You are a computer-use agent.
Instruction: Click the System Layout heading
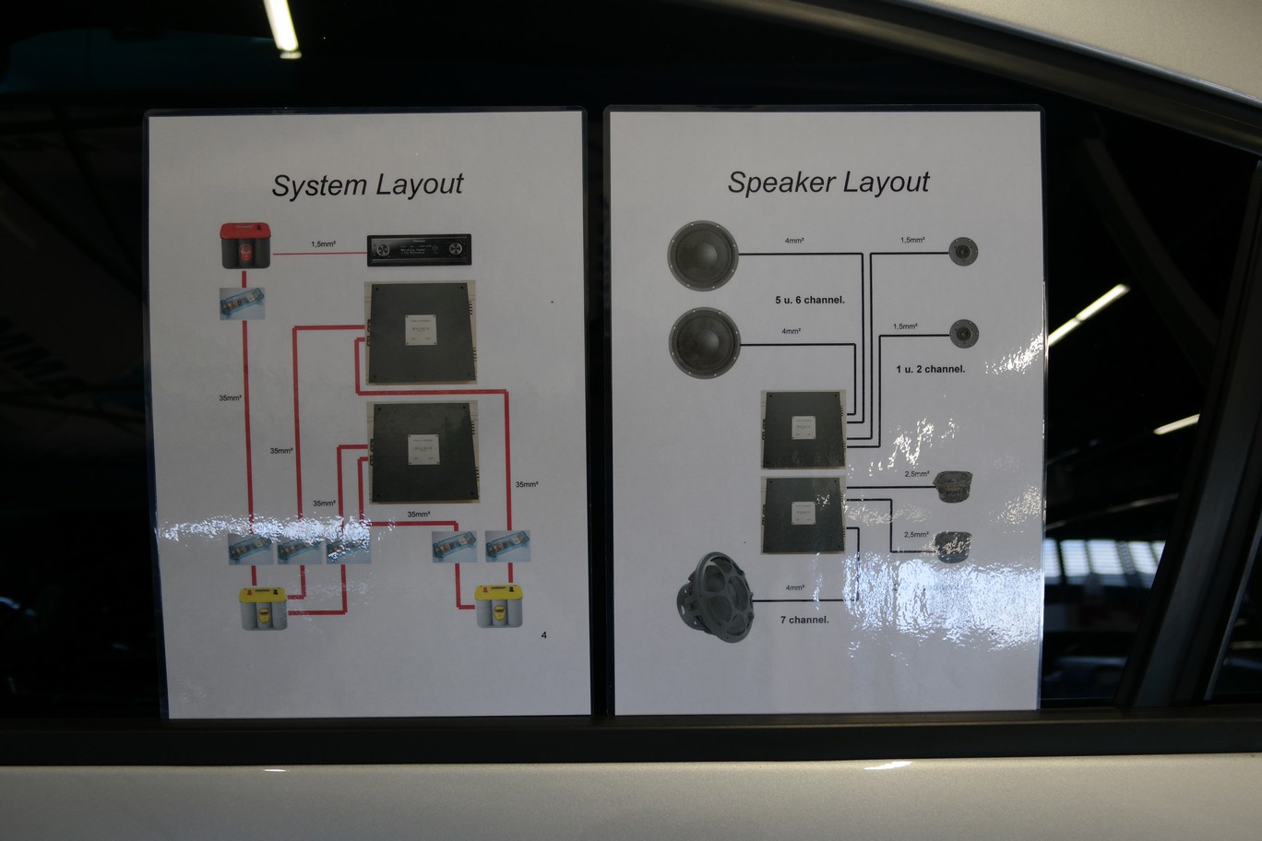click(367, 184)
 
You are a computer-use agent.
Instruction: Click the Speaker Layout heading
click(827, 183)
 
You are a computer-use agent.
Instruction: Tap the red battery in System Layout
click(245, 245)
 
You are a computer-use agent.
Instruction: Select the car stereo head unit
click(420, 250)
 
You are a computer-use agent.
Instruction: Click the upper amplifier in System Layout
click(421, 332)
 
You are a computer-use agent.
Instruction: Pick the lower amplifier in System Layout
click(423, 452)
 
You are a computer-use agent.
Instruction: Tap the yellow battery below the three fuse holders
click(263, 609)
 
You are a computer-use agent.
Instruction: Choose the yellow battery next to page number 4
click(499, 606)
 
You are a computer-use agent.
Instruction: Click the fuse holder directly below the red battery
click(242, 303)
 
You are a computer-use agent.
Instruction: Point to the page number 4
click(543, 634)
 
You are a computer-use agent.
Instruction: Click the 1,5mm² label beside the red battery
click(323, 244)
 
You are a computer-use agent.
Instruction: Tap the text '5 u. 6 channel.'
click(809, 300)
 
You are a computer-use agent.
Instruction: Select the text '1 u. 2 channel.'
click(930, 369)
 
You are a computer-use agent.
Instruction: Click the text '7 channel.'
click(804, 620)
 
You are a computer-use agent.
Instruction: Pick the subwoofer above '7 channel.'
click(715, 597)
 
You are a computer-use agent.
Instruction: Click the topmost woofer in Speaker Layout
click(703, 255)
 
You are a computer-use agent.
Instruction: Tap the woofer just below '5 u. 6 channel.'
click(704, 342)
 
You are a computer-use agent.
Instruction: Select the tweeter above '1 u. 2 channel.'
click(964, 333)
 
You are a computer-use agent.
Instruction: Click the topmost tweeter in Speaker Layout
click(964, 251)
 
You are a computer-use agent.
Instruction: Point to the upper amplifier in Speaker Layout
click(803, 429)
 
